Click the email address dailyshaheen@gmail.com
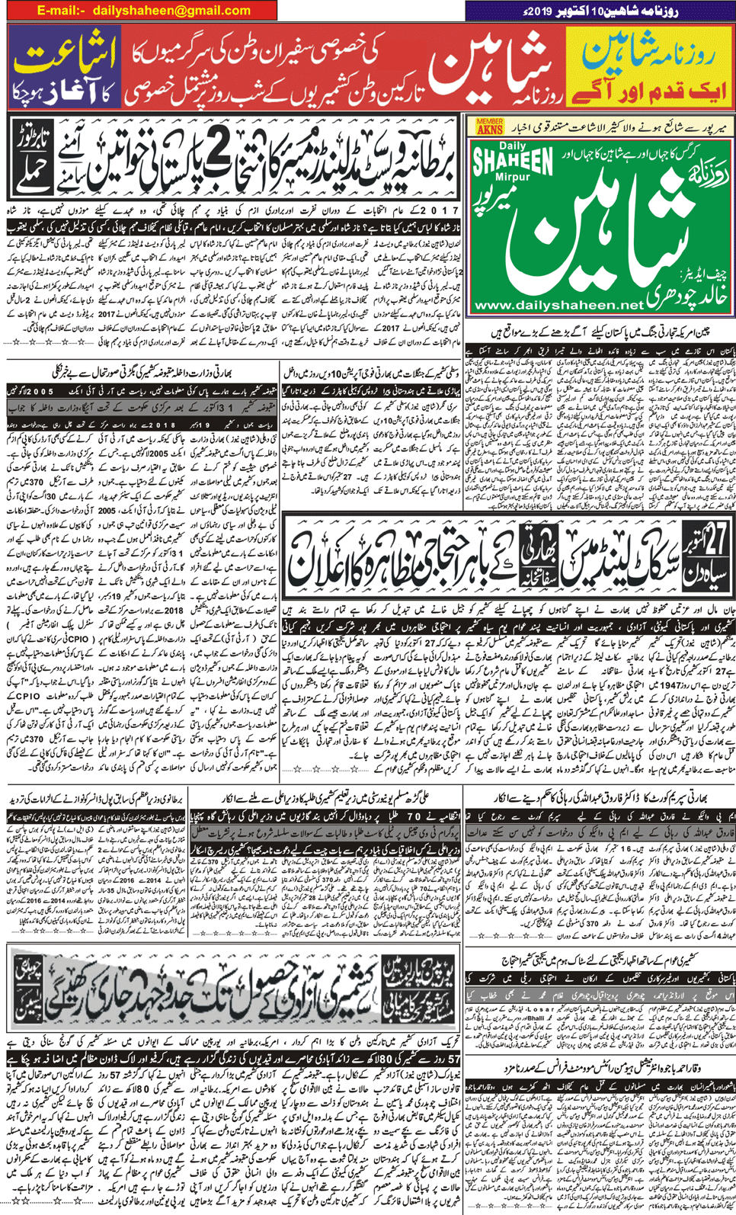tap(171, 11)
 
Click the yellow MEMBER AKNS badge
tap(489, 127)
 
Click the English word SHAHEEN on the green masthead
tap(513, 163)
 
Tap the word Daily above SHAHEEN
tap(513, 146)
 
